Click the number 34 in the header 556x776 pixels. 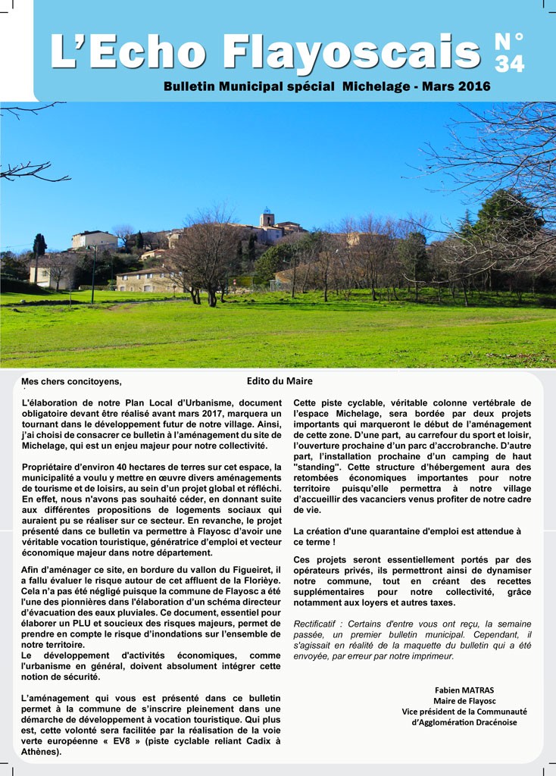[x=510, y=64]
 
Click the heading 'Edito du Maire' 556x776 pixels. [x=280, y=381]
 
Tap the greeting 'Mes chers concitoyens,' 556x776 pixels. [x=71, y=382]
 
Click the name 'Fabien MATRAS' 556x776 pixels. [x=464, y=690]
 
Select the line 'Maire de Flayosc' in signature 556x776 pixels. [x=464, y=701]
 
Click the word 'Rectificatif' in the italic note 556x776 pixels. [x=319, y=623]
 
